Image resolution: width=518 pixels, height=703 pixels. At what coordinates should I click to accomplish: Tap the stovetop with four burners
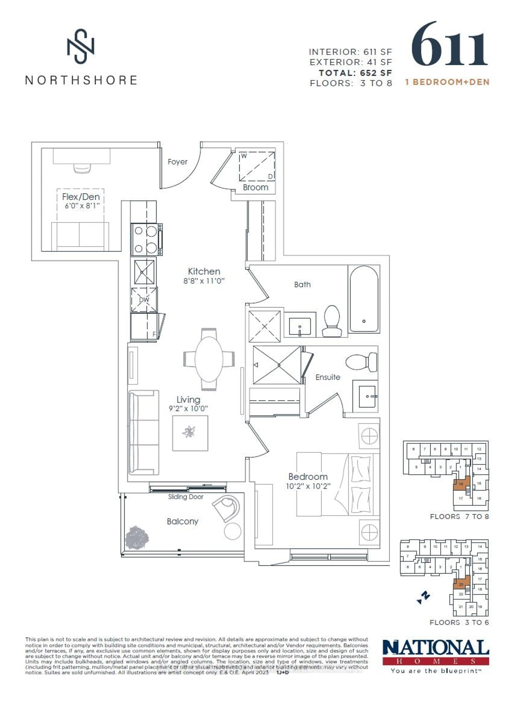(146, 240)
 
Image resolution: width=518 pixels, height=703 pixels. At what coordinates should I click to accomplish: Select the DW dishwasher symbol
(144, 300)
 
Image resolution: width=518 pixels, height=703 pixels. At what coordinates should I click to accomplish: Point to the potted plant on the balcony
(137, 538)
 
